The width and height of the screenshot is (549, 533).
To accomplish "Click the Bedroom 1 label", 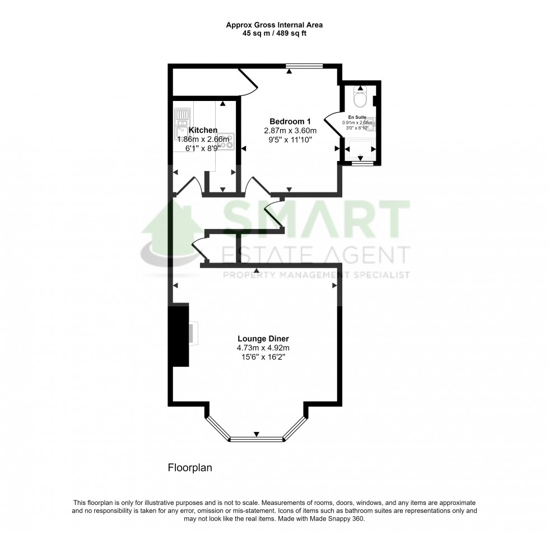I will [290, 122].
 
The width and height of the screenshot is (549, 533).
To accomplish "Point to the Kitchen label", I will [203, 130].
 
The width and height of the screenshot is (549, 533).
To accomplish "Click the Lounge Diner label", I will [263, 338].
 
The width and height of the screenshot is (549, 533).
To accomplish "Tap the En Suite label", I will [359, 117].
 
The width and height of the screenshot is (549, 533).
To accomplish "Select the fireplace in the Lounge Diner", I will [180, 335].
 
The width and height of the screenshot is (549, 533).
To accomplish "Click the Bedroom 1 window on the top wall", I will [304, 67].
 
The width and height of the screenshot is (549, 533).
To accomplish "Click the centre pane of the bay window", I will [257, 439].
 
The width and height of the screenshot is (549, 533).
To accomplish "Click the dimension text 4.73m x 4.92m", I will [263, 348].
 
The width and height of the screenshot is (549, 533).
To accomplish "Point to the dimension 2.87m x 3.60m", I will [290, 131].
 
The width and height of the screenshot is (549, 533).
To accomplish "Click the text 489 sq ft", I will [291, 33].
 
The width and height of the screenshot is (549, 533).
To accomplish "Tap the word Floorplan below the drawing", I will [190, 467].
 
